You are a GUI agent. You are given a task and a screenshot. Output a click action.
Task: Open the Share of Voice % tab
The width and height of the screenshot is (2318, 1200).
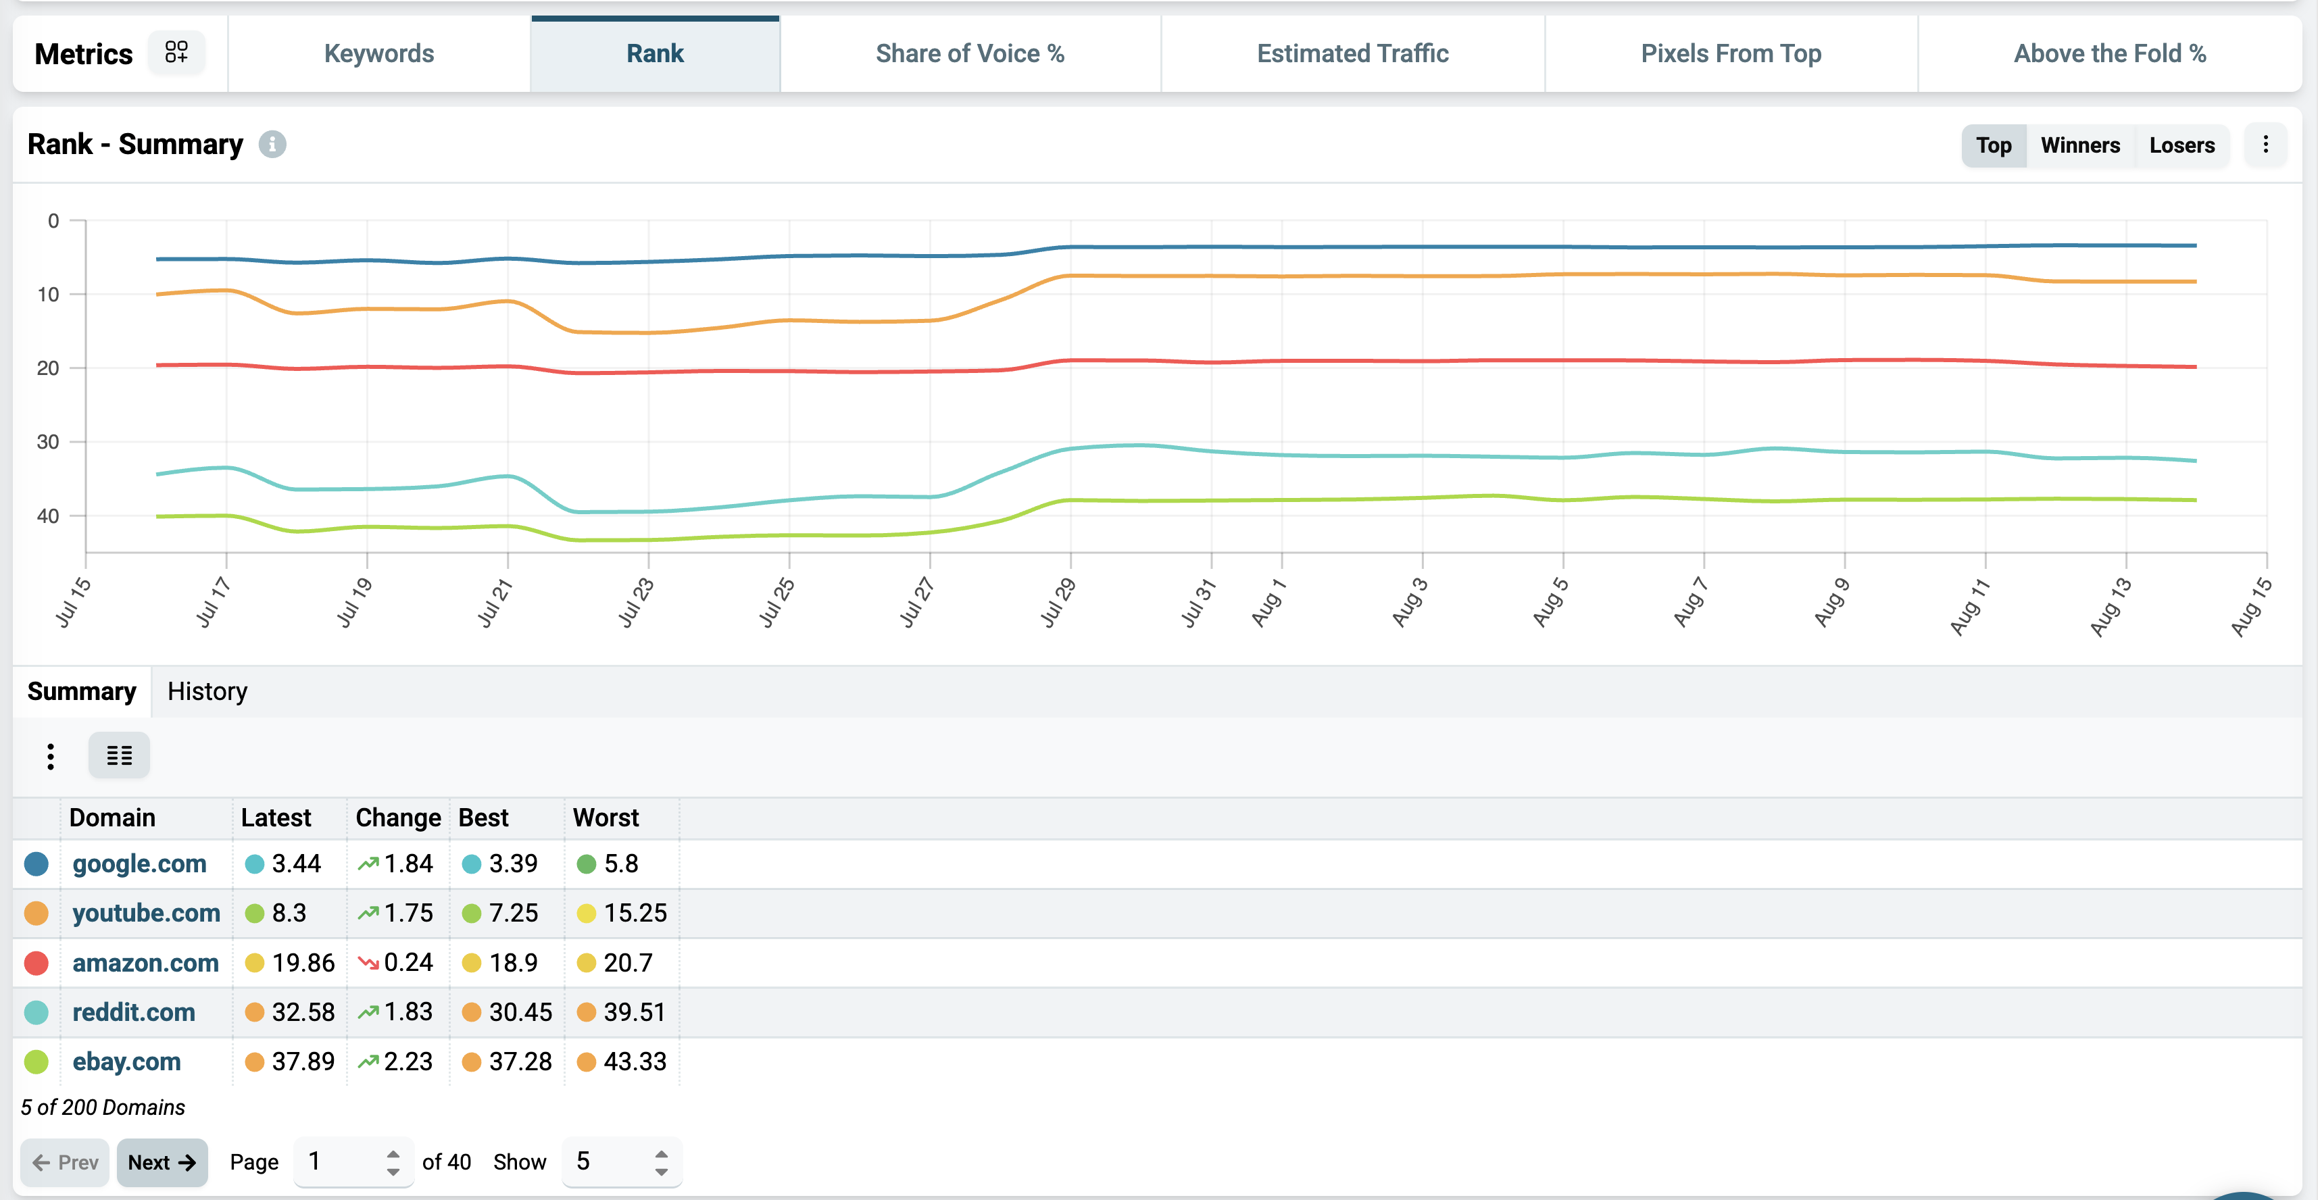click(x=970, y=54)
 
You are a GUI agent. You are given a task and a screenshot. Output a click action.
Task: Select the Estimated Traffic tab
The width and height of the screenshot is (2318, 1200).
click(x=1352, y=54)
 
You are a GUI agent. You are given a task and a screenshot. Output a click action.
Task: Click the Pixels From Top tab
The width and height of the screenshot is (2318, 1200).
click(x=1731, y=54)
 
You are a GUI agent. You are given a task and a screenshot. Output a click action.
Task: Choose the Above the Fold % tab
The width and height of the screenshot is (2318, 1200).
click(x=2109, y=54)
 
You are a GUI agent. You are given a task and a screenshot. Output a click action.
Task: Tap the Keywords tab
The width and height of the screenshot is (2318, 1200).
click(x=379, y=54)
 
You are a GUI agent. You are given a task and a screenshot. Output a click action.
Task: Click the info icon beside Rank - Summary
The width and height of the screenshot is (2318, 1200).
click(x=272, y=144)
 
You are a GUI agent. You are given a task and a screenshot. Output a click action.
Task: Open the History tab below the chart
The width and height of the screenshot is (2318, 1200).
click(x=207, y=692)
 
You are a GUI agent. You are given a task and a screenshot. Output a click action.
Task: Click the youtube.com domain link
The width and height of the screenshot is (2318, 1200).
click(x=146, y=913)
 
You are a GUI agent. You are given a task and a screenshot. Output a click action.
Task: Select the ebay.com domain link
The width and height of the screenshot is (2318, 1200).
click(x=126, y=1061)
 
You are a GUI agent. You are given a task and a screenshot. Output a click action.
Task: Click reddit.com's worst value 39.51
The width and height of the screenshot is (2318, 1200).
click(x=635, y=1012)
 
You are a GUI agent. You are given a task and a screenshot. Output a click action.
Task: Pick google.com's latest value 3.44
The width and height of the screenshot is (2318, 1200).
click(x=296, y=864)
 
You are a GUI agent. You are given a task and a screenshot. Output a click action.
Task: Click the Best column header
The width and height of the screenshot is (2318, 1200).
click(x=483, y=818)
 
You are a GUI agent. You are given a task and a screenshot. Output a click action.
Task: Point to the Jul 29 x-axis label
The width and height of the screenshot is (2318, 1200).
click(x=1058, y=602)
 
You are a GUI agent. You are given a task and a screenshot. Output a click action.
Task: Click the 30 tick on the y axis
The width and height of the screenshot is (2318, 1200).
click(x=48, y=442)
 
